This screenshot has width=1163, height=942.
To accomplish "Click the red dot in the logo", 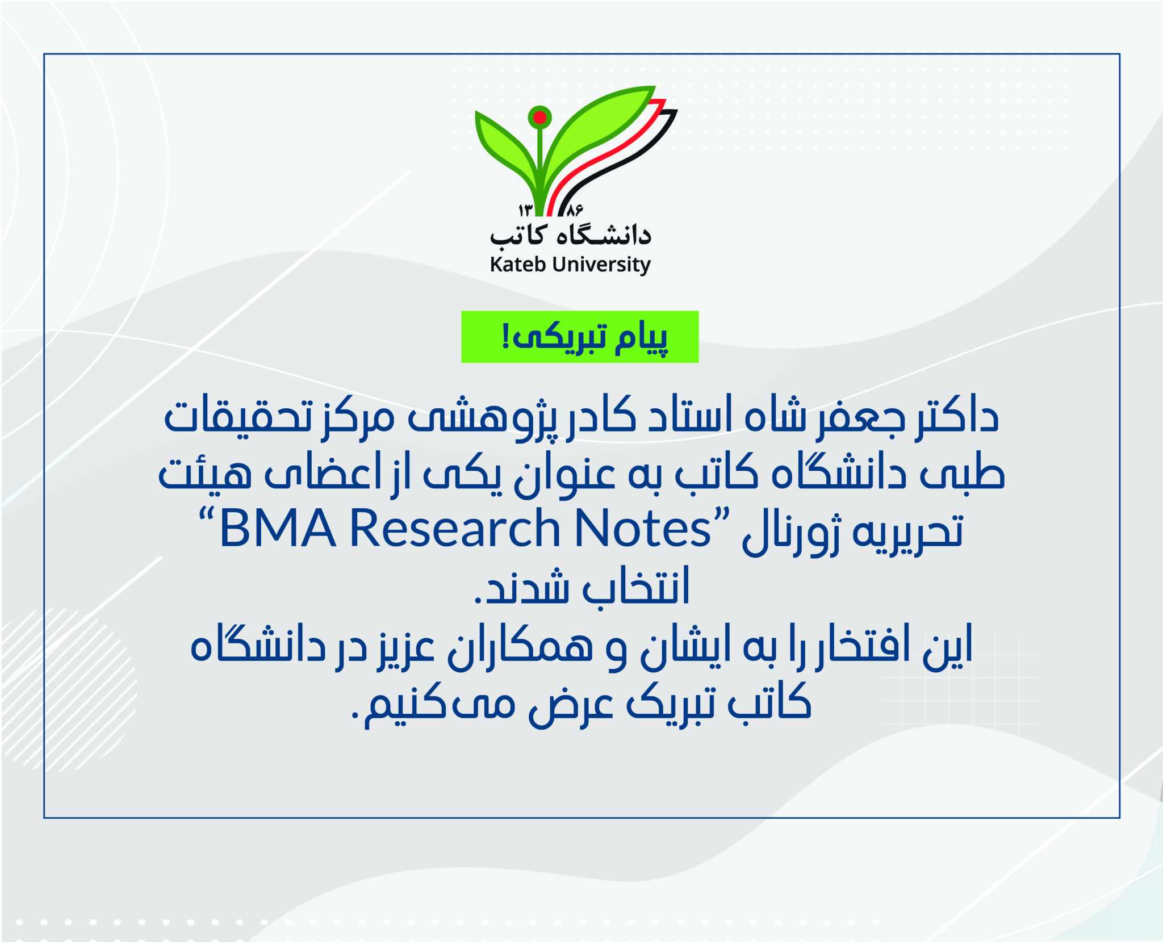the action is (540, 118).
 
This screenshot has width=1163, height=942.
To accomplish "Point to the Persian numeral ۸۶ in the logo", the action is (574, 210).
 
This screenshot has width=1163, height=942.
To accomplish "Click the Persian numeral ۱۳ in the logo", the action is (525, 210).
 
